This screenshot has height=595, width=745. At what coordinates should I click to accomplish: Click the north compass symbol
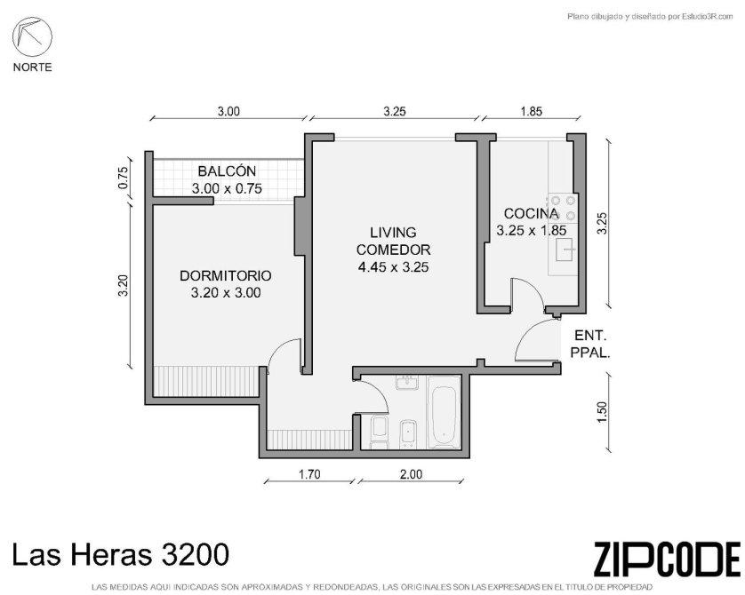(x=32, y=36)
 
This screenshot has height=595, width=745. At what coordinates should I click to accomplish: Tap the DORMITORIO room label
(x=226, y=275)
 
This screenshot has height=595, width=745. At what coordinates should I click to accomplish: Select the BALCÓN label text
(x=227, y=171)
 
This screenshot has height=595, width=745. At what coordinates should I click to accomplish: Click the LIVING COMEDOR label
(x=394, y=241)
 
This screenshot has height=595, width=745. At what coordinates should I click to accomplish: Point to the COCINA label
(x=532, y=213)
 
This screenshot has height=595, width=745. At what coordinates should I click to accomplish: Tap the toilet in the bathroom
(x=379, y=432)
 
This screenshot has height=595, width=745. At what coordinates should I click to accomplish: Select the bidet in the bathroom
(x=408, y=433)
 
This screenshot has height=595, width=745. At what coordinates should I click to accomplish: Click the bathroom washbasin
(x=406, y=383)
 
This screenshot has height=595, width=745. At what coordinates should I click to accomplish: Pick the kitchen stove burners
(x=563, y=209)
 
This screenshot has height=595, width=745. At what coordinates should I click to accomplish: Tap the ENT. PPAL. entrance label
(x=590, y=344)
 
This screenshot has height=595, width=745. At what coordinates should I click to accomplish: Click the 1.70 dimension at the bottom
(x=309, y=474)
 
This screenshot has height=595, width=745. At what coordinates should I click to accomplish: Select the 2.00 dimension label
(x=411, y=474)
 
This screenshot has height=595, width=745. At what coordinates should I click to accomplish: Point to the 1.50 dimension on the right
(x=602, y=412)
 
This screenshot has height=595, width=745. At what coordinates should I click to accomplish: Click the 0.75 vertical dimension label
(x=123, y=178)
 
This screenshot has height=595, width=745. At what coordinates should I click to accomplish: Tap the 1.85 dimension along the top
(x=532, y=112)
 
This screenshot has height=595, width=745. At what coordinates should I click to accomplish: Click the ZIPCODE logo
(x=667, y=559)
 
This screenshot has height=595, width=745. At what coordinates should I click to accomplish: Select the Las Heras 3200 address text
(x=120, y=554)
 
